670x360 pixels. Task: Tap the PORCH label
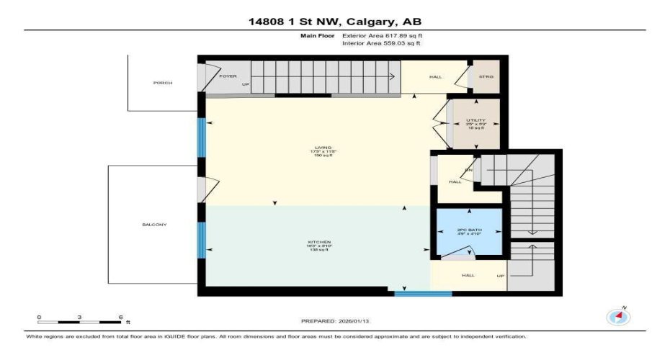pyautogui.click(x=163, y=83)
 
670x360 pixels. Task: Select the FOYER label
pyautogui.click(x=228, y=75)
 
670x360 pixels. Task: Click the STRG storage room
pyautogui.click(x=483, y=76)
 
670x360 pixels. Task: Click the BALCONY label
pyautogui.click(x=154, y=225)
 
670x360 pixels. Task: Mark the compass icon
pyautogui.click(x=618, y=316)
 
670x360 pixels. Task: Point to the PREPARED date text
pyautogui.click(x=335, y=321)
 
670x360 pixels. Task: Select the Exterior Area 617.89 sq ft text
pyautogui.click(x=381, y=35)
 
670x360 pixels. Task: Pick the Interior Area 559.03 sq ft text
pyautogui.click(x=381, y=43)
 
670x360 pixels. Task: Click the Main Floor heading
pyautogui.click(x=316, y=35)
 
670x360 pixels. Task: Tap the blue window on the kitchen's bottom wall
pyautogui.click(x=423, y=293)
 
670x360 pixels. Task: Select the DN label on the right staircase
pyautogui.click(x=468, y=170)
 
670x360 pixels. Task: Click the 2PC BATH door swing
pyautogui.click(x=459, y=253)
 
